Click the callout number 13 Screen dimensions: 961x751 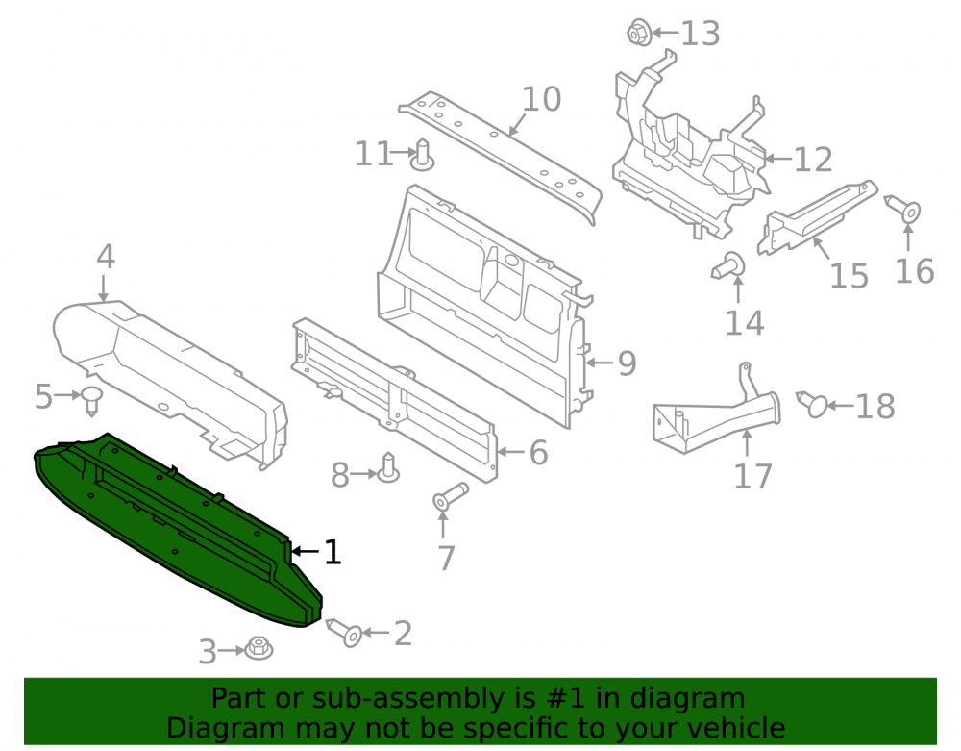(700, 33)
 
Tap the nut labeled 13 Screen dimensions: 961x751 (639, 32)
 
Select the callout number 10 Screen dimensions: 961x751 (541, 99)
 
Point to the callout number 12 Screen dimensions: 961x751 (813, 160)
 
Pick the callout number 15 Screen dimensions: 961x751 (849, 276)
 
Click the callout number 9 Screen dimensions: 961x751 (627, 363)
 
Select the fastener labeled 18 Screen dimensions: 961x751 (812, 404)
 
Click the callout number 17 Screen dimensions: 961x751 (752, 476)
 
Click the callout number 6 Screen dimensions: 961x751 (538, 453)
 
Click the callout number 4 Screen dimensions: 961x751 (106, 256)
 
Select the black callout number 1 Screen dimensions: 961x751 (332, 552)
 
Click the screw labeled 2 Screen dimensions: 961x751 (344, 633)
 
